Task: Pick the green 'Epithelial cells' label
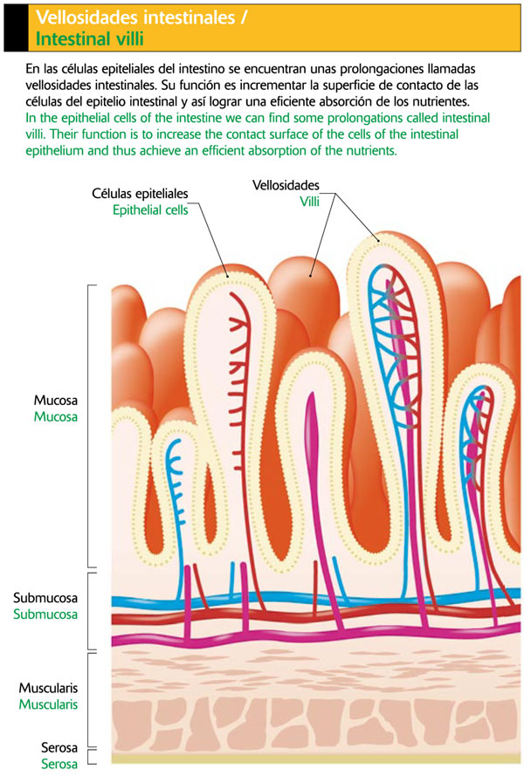click(x=150, y=209)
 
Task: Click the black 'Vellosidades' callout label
click(x=286, y=186)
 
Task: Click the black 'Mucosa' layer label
click(x=56, y=400)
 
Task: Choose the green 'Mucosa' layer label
click(x=56, y=416)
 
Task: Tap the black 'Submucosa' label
click(x=45, y=598)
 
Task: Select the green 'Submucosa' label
click(x=45, y=615)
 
